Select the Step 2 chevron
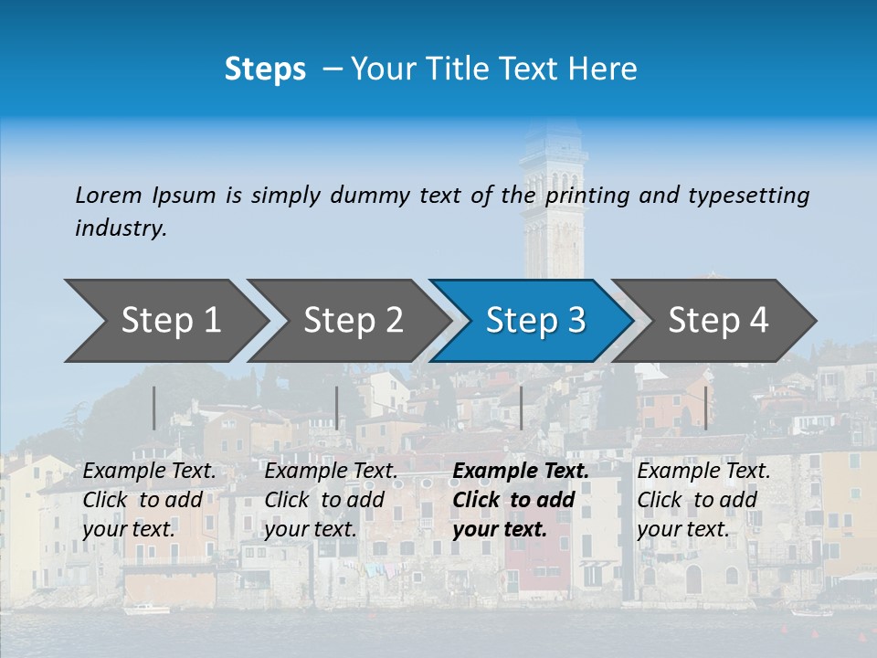[x=352, y=321]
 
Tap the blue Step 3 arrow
[x=534, y=321]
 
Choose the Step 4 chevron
[x=717, y=321]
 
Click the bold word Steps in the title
[x=265, y=69]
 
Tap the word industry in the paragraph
[x=121, y=228]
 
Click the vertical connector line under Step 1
[x=153, y=408]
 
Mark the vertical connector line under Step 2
[x=337, y=408]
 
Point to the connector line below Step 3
[x=521, y=408]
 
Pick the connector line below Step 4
[x=705, y=408]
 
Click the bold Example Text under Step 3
[x=521, y=472]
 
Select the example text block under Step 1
[x=149, y=500]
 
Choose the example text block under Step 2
[x=331, y=500]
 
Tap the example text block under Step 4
[x=703, y=500]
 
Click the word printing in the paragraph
[x=588, y=195]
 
